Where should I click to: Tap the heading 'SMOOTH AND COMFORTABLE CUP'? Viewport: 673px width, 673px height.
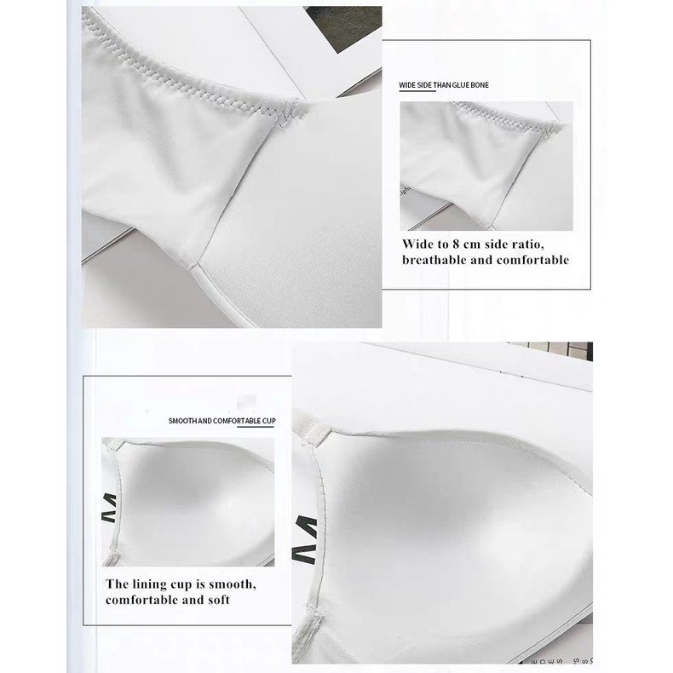221,422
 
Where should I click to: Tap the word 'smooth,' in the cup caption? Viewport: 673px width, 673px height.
232,584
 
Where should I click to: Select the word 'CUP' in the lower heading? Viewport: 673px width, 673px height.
269,422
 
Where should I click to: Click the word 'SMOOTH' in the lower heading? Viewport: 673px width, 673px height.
181,422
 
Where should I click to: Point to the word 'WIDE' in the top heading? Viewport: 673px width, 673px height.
407,86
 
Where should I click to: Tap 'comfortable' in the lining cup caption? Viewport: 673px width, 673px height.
141,600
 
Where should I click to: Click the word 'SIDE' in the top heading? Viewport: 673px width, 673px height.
423,86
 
